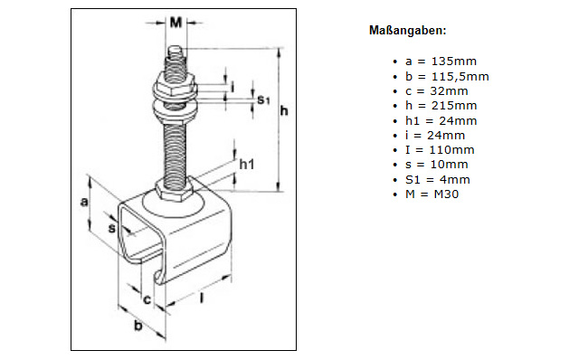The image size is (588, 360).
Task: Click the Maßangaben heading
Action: coord(408,31)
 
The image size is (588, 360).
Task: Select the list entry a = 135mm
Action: coord(441,62)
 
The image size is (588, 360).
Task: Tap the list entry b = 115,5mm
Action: coord(447,77)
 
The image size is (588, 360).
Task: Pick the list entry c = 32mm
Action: coord(437,91)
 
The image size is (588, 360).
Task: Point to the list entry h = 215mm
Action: coord(441,106)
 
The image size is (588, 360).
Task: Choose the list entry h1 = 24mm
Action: coord(441,120)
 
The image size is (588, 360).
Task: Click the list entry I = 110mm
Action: coord(440,150)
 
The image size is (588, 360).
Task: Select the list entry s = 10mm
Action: coord(437,165)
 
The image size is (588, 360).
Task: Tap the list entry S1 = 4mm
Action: coord(437,180)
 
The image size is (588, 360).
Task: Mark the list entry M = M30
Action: coord(432,194)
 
